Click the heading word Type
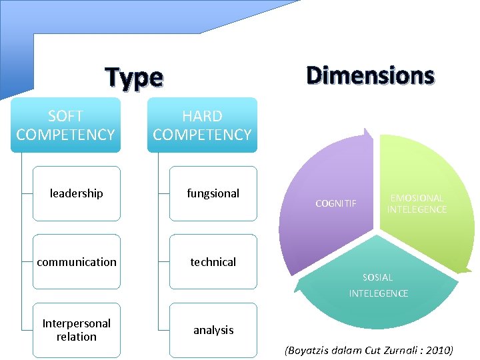134,79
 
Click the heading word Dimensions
370,76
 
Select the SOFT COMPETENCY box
65,125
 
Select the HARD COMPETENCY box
202,125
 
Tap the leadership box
77,193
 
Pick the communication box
77,262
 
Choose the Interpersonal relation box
77,330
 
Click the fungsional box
213,193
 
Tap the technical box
213,262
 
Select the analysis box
213,330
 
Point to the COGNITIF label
336,203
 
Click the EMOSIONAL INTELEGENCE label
417,204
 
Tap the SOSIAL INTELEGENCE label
378,285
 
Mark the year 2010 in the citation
437,350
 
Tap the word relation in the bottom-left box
77,337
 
